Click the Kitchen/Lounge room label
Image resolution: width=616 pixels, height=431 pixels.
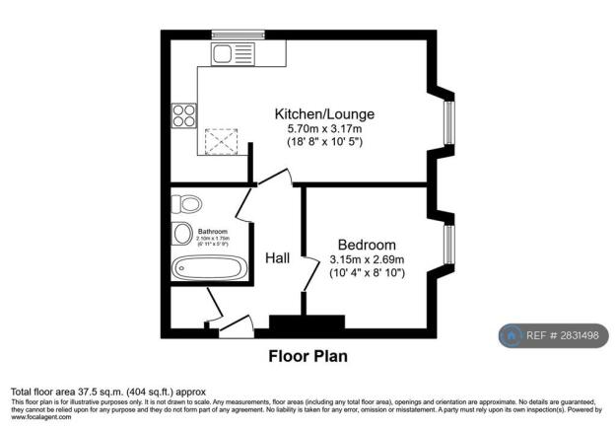pos(324,114)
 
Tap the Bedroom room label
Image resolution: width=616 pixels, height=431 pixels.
pos(367,245)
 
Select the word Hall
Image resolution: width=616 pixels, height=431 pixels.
pos(278,258)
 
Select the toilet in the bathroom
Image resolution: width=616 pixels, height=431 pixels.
pos(184,204)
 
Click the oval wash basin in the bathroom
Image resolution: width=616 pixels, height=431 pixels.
pos(181,234)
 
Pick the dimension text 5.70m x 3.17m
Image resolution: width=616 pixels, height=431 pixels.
pos(324,129)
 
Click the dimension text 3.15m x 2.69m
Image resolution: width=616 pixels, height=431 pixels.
pos(368,259)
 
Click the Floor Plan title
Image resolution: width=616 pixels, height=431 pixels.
pos(308,356)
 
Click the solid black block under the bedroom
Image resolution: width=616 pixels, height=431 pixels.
pos(308,323)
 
